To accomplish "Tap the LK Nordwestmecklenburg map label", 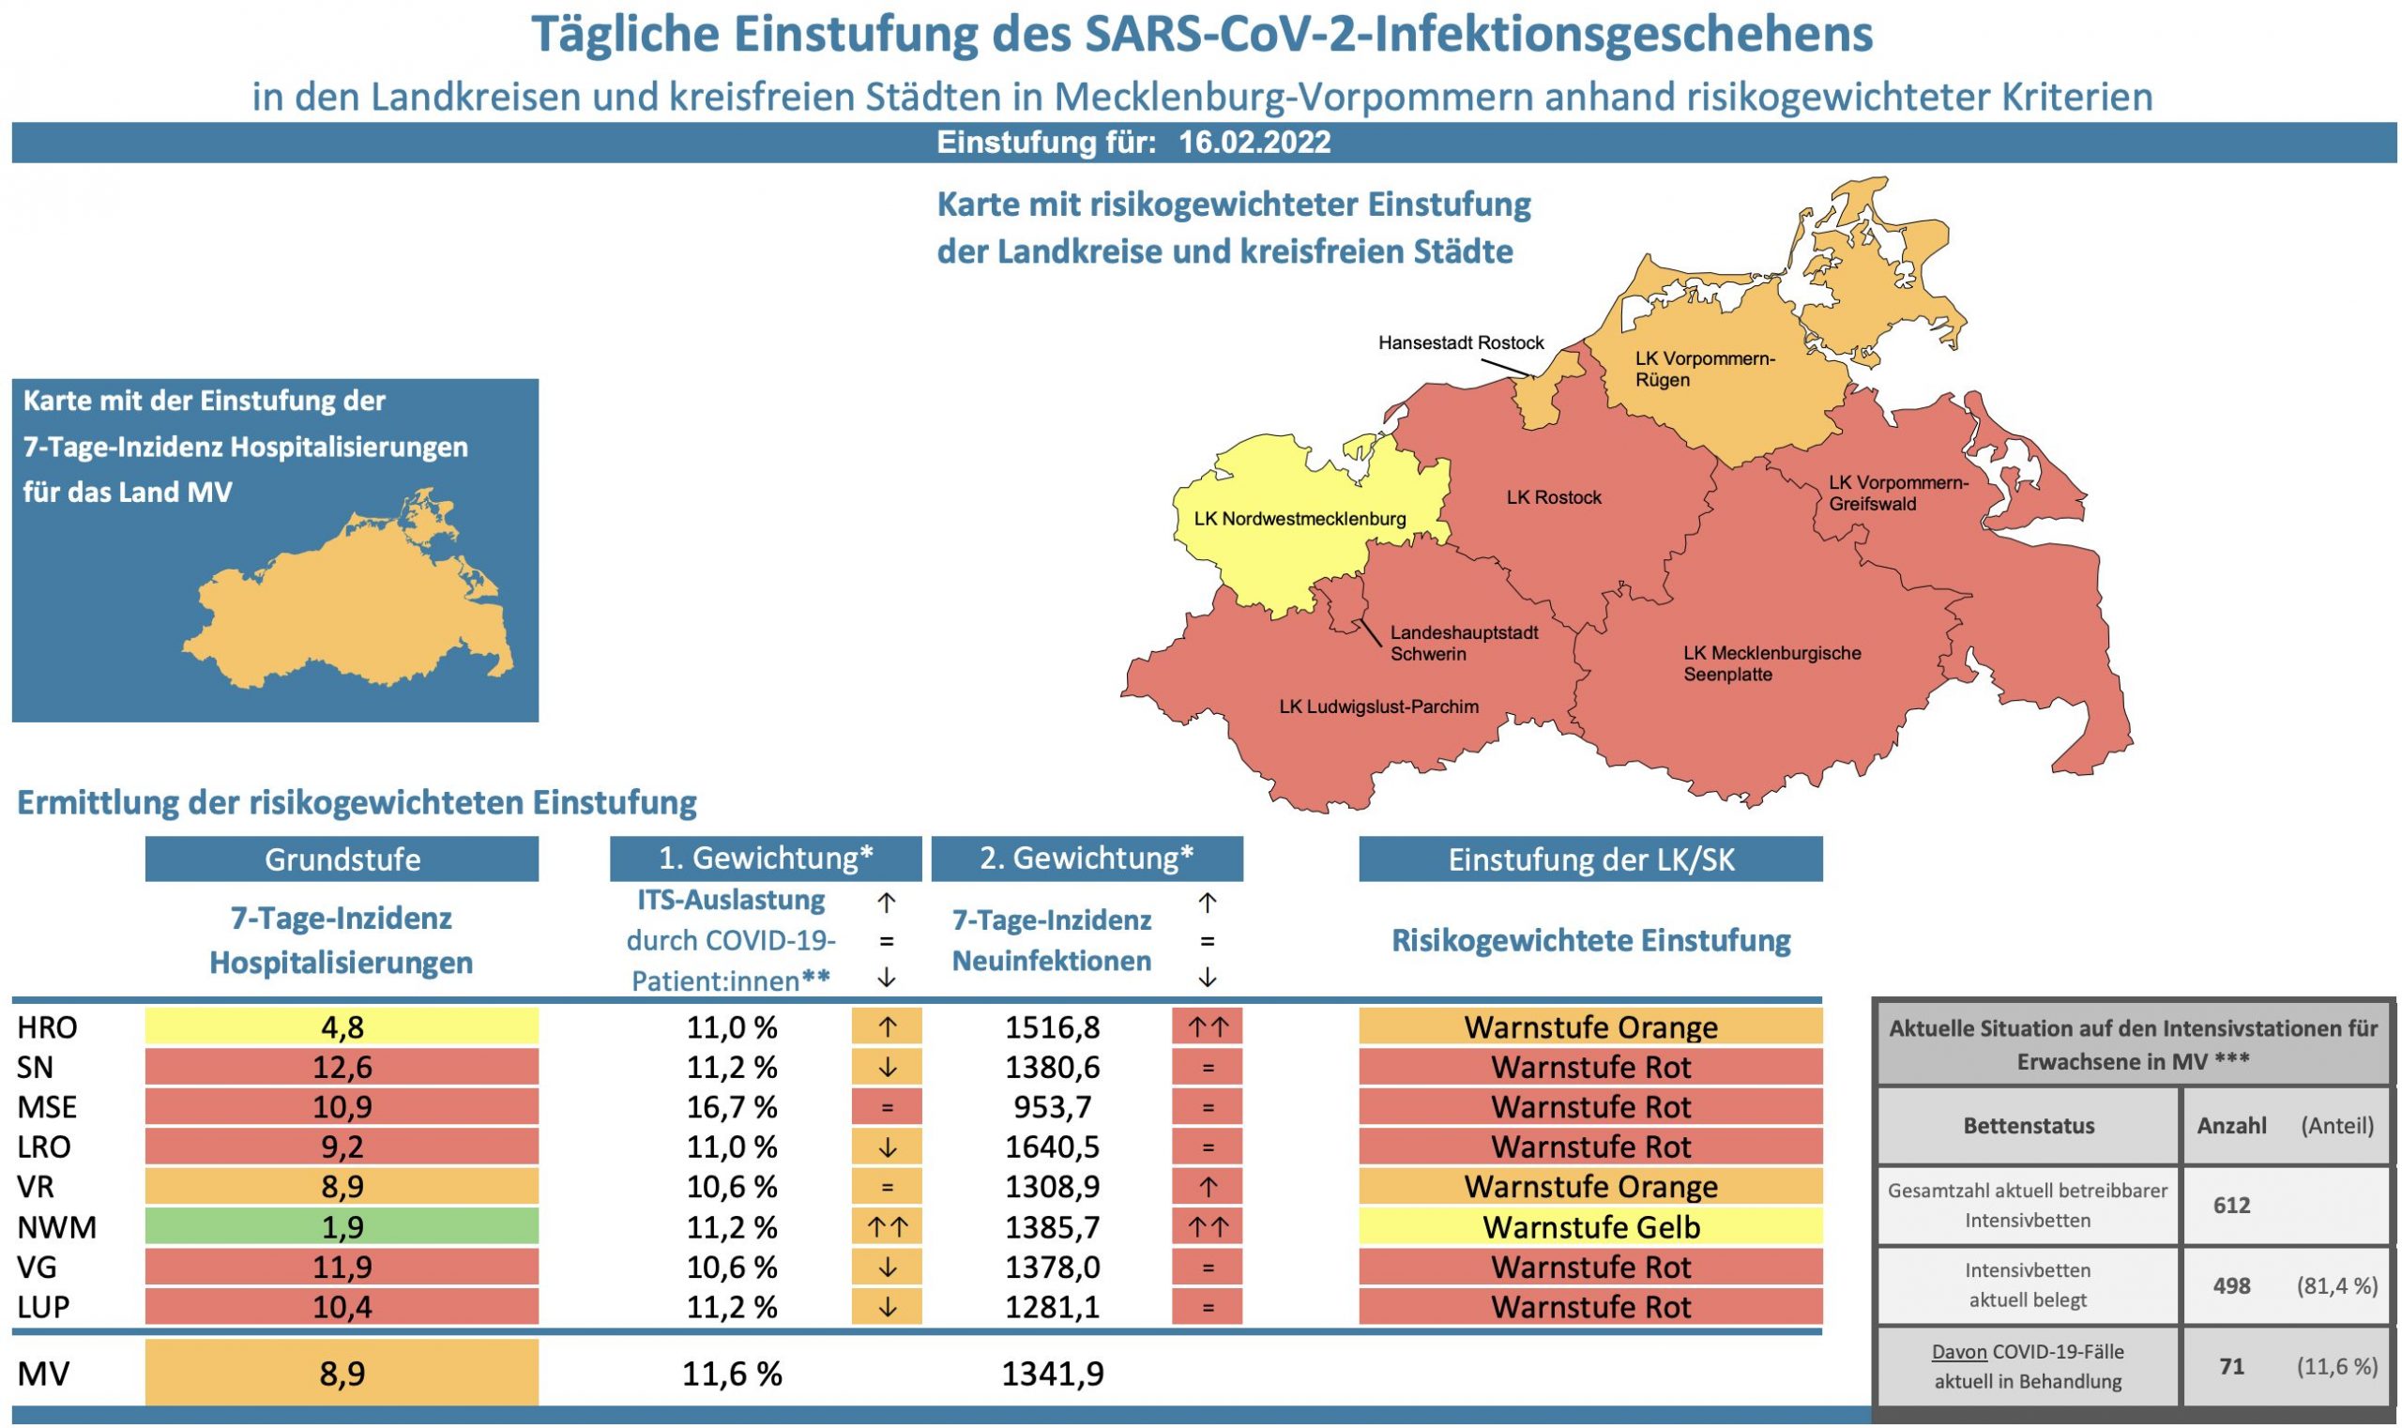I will pyautogui.click(x=1300, y=519).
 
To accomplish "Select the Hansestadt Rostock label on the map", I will pyautogui.click(x=1460, y=342).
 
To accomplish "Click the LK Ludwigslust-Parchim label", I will pyautogui.click(x=1378, y=706).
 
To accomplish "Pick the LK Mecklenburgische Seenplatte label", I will pyautogui.click(x=1771, y=663).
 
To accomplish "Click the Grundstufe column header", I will pyautogui.click(x=342, y=858).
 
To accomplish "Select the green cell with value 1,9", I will pyautogui.click(x=342, y=1227).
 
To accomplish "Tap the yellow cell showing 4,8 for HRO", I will pyautogui.click(x=342, y=1026).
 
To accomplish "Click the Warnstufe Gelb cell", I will pyautogui.click(x=1589, y=1227).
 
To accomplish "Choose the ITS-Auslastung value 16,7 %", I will pyautogui.click(x=731, y=1106).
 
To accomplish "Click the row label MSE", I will pyautogui.click(x=47, y=1106).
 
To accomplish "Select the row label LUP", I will pyautogui.click(x=43, y=1307).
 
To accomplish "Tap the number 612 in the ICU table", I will pyautogui.click(x=2230, y=1205).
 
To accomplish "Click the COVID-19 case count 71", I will pyautogui.click(x=2230, y=1365).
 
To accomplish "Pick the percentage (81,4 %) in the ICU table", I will pyautogui.click(x=2336, y=1284).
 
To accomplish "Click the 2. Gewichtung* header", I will pyautogui.click(x=1087, y=858).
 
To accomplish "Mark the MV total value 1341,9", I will pyautogui.click(x=1052, y=1374).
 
